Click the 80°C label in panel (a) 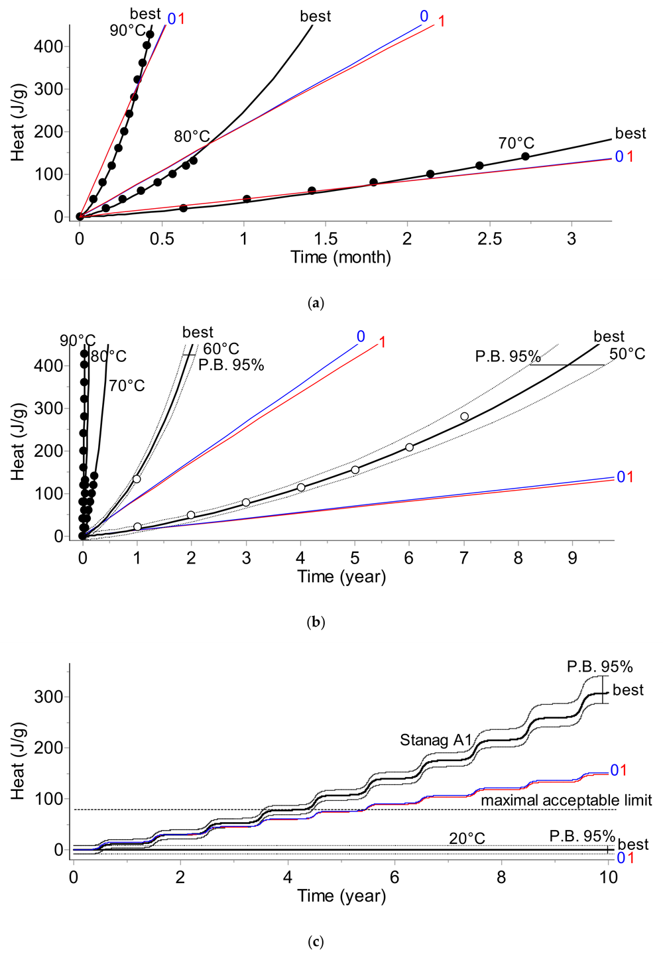click(x=192, y=137)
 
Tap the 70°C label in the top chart click(x=516, y=143)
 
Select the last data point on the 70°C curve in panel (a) click(x=525, y=156)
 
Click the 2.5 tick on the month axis click(x=489, y=239)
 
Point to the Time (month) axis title click(x=341, y=257)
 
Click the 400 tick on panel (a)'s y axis click(x=50, y=46)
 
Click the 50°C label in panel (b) click(x=627, y=354)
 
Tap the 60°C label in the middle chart click(x=221, y=349)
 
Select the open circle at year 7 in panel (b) click(x=464, y=416)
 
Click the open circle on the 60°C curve click(x=137, y=479)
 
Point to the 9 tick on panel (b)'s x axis click(x=572, y=558)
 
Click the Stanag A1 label click(x=436, y=740)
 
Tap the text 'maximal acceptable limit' click(x=566, y=800)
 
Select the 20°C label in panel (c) click(x=467, y=839)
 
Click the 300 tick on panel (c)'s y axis click(x=50, y=697)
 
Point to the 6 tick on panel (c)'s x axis click(x=394, y=877)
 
